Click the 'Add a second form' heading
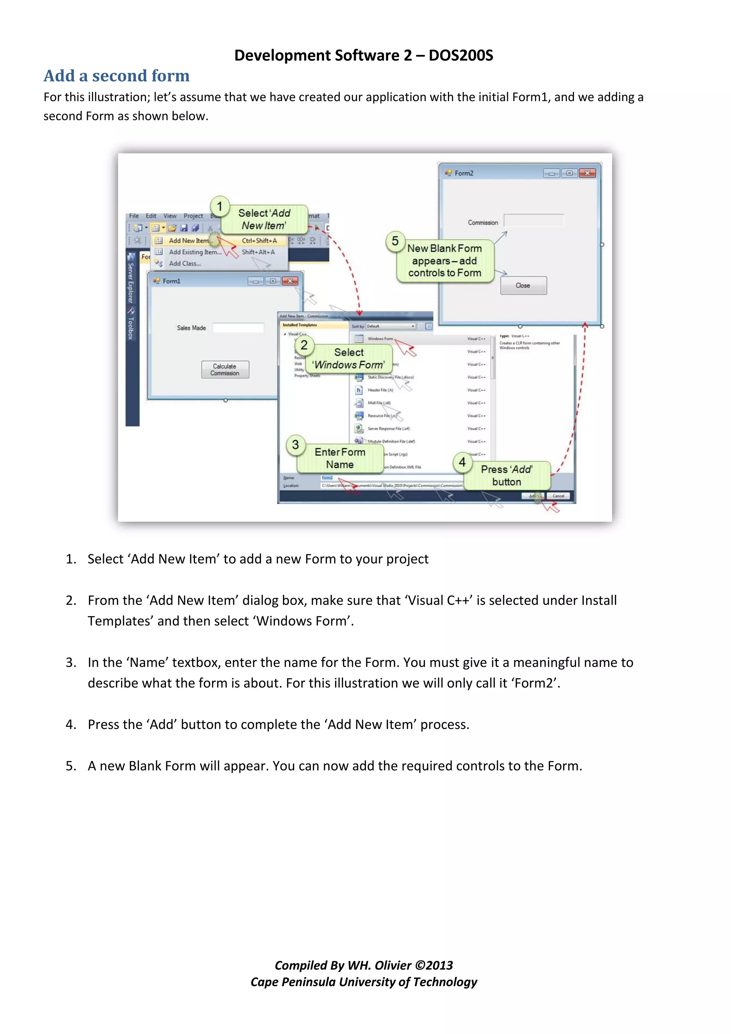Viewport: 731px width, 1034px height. point(116,76)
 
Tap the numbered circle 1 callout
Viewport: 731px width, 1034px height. point(220,206)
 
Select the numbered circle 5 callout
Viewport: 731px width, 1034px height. point(395,241)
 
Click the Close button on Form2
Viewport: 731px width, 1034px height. point(523,286)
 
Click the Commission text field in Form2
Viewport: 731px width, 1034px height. point(533,221)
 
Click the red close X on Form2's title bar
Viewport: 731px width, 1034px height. point(587,173)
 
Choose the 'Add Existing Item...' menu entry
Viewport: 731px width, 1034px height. point(195,252)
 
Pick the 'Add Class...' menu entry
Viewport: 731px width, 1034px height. point(185,263)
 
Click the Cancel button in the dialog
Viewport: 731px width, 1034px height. point(558,496)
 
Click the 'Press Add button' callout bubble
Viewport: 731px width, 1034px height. point(507,475)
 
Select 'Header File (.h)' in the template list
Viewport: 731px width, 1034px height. point(380,390)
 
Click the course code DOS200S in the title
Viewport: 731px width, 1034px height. point(460,55)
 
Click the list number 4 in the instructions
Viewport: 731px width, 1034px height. point(70,724)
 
